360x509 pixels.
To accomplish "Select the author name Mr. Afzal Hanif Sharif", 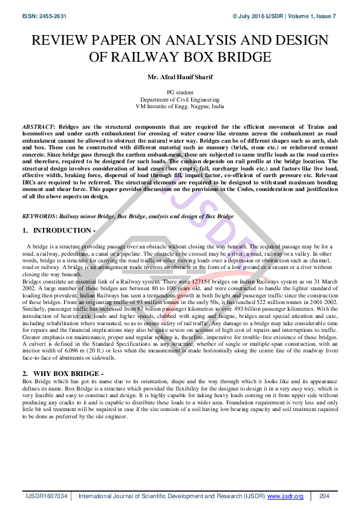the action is [180, 77].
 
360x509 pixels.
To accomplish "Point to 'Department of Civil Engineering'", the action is [180, 99].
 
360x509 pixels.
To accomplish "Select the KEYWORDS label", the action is [39, 216].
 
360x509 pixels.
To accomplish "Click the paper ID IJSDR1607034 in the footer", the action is [46, 496].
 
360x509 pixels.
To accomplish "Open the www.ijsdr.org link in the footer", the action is [284, 496].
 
